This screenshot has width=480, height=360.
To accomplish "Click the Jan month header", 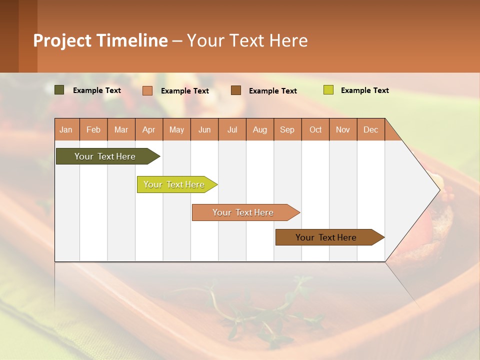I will tap(66, 129).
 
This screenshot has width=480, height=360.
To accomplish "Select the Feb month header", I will tap(93, 129).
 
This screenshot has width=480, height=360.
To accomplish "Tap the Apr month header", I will tap(148, 129).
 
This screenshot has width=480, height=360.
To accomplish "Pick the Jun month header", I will tap(204, 129).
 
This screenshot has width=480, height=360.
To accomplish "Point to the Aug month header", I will tap(259, 129).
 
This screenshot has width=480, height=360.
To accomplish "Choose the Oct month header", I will tap(315, 129).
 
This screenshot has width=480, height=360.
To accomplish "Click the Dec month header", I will tap(370, 129).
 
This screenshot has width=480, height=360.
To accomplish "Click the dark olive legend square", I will tap(59, 90).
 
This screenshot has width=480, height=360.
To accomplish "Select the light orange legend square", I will tap(147, 90).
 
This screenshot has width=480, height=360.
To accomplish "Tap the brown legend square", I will tap(235, 90).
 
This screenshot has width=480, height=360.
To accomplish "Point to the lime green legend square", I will tap(328, 90).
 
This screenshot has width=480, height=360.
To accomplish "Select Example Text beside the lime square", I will tap(364, 90).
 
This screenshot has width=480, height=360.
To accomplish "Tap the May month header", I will tap(176, 129).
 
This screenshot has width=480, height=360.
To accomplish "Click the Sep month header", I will tap(287, 129).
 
